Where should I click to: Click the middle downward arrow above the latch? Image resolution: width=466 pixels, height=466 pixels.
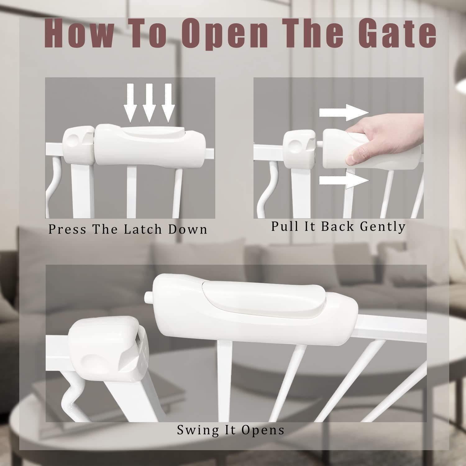click(149, 103)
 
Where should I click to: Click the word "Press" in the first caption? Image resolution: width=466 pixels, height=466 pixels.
click(67, 229)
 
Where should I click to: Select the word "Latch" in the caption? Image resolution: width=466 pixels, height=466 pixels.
click(143, 229)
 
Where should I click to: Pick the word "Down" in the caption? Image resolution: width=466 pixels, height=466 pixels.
click(188, 229)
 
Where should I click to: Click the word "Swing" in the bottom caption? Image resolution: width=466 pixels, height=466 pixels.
click(198, 430)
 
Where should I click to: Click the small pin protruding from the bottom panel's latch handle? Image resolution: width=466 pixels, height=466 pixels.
click(148, 296)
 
